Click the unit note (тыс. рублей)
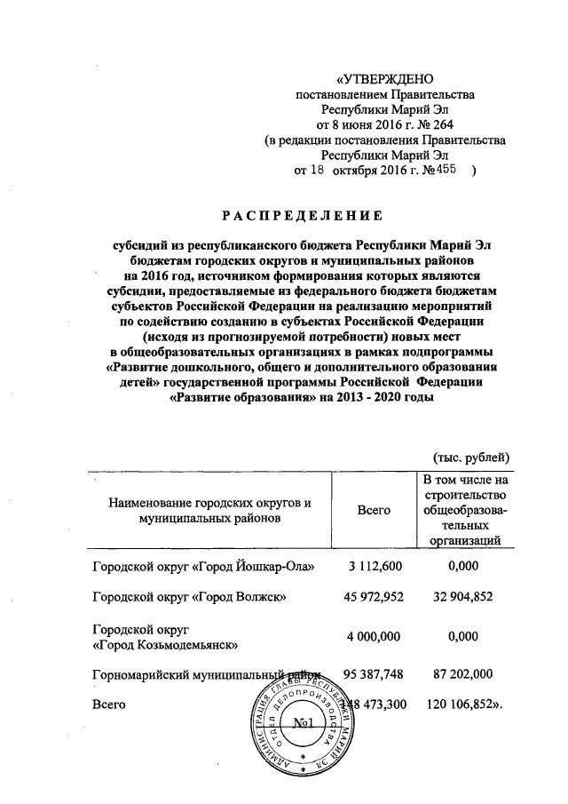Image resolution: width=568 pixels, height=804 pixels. pos(469,458)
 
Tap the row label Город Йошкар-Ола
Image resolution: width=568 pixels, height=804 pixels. pos(208,565)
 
